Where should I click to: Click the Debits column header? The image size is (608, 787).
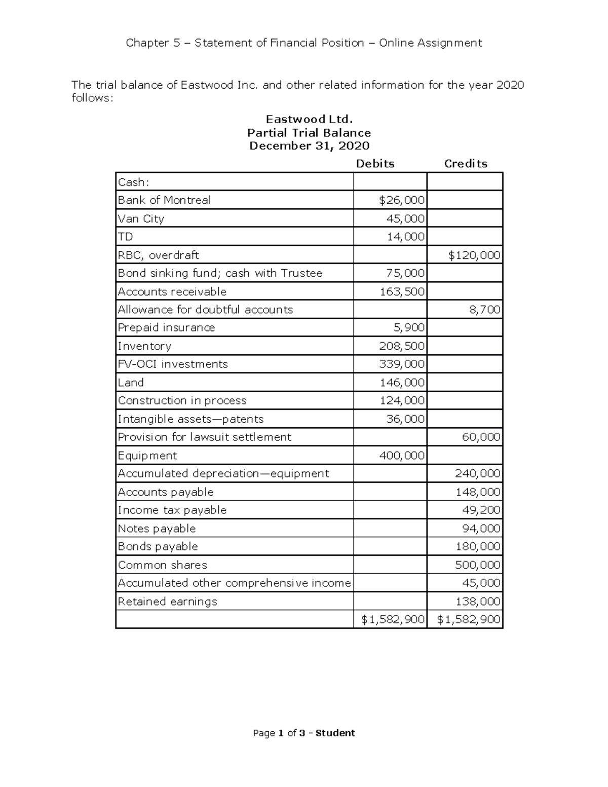tap(375, 164)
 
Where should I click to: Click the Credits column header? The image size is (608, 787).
tap(466, 164)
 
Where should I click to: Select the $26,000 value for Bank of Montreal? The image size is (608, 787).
tap(402, 200)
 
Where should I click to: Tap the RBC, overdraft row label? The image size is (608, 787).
tap(158, 255)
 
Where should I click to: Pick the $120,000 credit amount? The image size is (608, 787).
tap(474, 255)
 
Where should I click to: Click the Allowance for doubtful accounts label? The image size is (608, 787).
tap(205, 310)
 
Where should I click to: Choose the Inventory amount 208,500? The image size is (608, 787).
tap(402, 346)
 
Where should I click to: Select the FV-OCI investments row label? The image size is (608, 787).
tap(173, 364)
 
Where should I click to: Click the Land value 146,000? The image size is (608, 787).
tap(402, 383)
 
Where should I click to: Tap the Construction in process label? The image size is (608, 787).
tap(182, 401)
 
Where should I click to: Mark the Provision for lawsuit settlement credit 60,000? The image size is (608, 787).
tap(481, 437)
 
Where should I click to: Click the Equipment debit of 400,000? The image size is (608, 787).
tap(402, 456)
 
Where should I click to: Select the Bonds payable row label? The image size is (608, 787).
tap(158, 547)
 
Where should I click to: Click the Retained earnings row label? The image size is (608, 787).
tap(167, 602)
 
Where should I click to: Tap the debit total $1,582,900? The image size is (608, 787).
tap(393, 619)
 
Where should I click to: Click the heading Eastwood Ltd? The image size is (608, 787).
tap(309, 120)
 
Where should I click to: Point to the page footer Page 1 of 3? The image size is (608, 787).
tap(304, 733)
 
